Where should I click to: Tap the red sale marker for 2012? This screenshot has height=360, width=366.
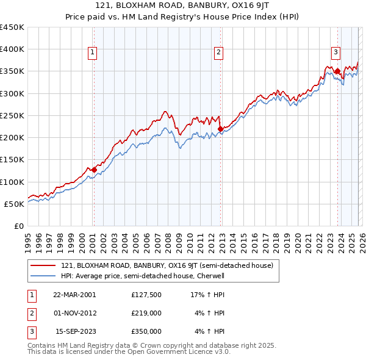220,129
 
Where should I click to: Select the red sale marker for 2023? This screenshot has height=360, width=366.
337,71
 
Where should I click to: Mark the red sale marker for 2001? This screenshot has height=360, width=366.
94,170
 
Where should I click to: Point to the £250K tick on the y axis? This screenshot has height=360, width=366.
12,115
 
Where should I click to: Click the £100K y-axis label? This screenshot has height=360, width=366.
12,182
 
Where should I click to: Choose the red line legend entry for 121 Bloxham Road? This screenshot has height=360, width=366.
170,265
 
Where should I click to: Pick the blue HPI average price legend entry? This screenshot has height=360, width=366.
143,276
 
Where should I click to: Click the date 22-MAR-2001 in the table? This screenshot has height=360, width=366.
74,294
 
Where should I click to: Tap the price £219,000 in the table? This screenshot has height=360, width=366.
146,313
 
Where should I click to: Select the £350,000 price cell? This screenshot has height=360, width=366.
146,331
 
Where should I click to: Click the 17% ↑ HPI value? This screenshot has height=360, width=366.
207,294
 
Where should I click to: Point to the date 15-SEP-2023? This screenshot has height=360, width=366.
76,331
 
